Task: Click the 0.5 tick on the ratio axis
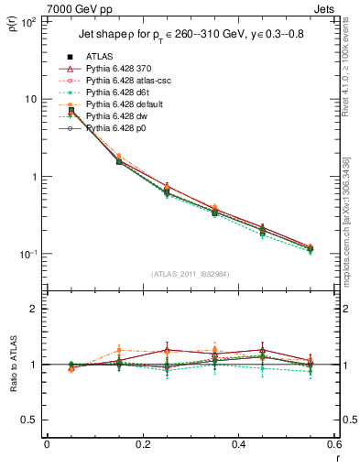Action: pos(29,420)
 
